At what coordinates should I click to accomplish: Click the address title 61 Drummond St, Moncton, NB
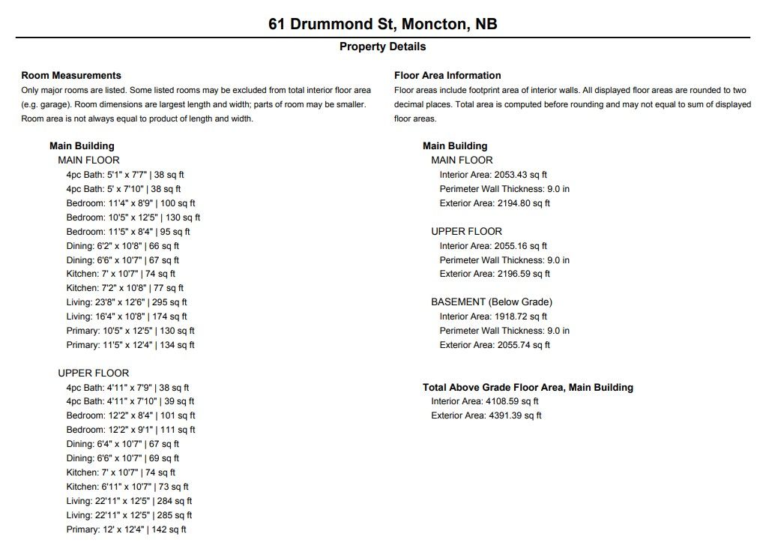pos(382,24)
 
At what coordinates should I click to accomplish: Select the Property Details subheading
pos(382,46)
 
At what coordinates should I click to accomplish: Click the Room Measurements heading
pos(71,75)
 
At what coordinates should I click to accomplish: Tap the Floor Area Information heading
pos(447,75)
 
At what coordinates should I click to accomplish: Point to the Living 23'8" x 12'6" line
pos(127,302)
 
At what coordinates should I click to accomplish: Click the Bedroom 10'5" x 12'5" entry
pos(133,217)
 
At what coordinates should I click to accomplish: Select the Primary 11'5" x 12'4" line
pos(130,345)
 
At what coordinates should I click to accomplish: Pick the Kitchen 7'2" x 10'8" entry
pos(124,288)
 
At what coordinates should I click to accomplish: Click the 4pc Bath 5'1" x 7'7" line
pos(124,175)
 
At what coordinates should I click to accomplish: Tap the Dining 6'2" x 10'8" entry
pos(122,246)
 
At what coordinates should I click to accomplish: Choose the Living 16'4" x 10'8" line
pos(127,316)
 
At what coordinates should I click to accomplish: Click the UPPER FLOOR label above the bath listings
pos(93,373)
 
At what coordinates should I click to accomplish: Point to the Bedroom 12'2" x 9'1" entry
pos(130,430)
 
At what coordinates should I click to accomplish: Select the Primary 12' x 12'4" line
pos(126,529)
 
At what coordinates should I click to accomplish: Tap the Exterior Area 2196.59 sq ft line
pos(495,274)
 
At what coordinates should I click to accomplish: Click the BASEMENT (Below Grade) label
pos(491,301)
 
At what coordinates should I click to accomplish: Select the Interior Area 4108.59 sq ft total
pos(485,401)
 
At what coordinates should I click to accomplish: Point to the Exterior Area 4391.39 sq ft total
pos(486,415)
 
